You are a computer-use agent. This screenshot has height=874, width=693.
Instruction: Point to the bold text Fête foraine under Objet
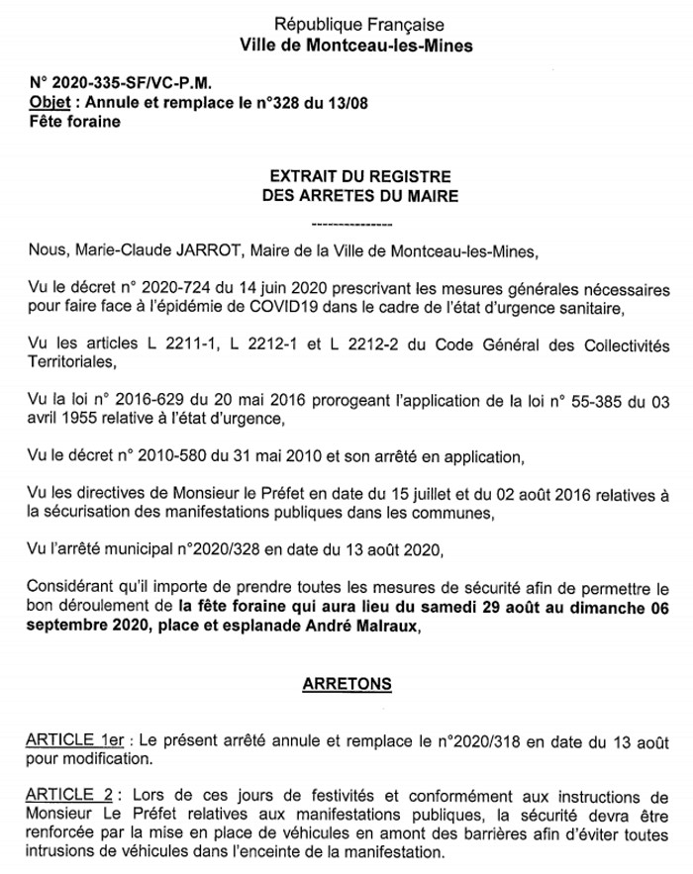click(74, 122)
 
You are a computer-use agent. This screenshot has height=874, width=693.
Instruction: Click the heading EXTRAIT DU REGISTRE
click(359, 175)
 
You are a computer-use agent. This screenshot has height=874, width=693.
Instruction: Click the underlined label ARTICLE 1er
click(80, 740)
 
